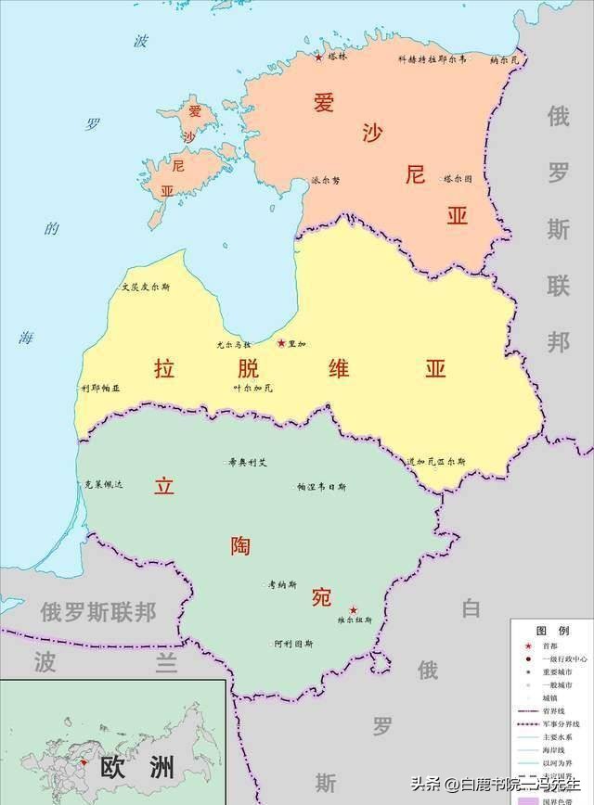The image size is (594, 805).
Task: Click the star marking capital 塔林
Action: [319, 57]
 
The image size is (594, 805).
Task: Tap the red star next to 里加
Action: [280, 343]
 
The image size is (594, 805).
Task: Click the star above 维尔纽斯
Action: [353, 610]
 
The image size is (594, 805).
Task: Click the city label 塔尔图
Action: [458, 178]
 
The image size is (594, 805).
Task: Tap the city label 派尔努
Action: [326, 180]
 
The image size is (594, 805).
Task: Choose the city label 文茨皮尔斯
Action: [146, 287]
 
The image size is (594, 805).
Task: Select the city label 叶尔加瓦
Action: [252, 388]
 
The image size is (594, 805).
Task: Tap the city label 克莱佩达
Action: [103, 484]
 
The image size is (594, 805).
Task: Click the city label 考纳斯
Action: [282, 585]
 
